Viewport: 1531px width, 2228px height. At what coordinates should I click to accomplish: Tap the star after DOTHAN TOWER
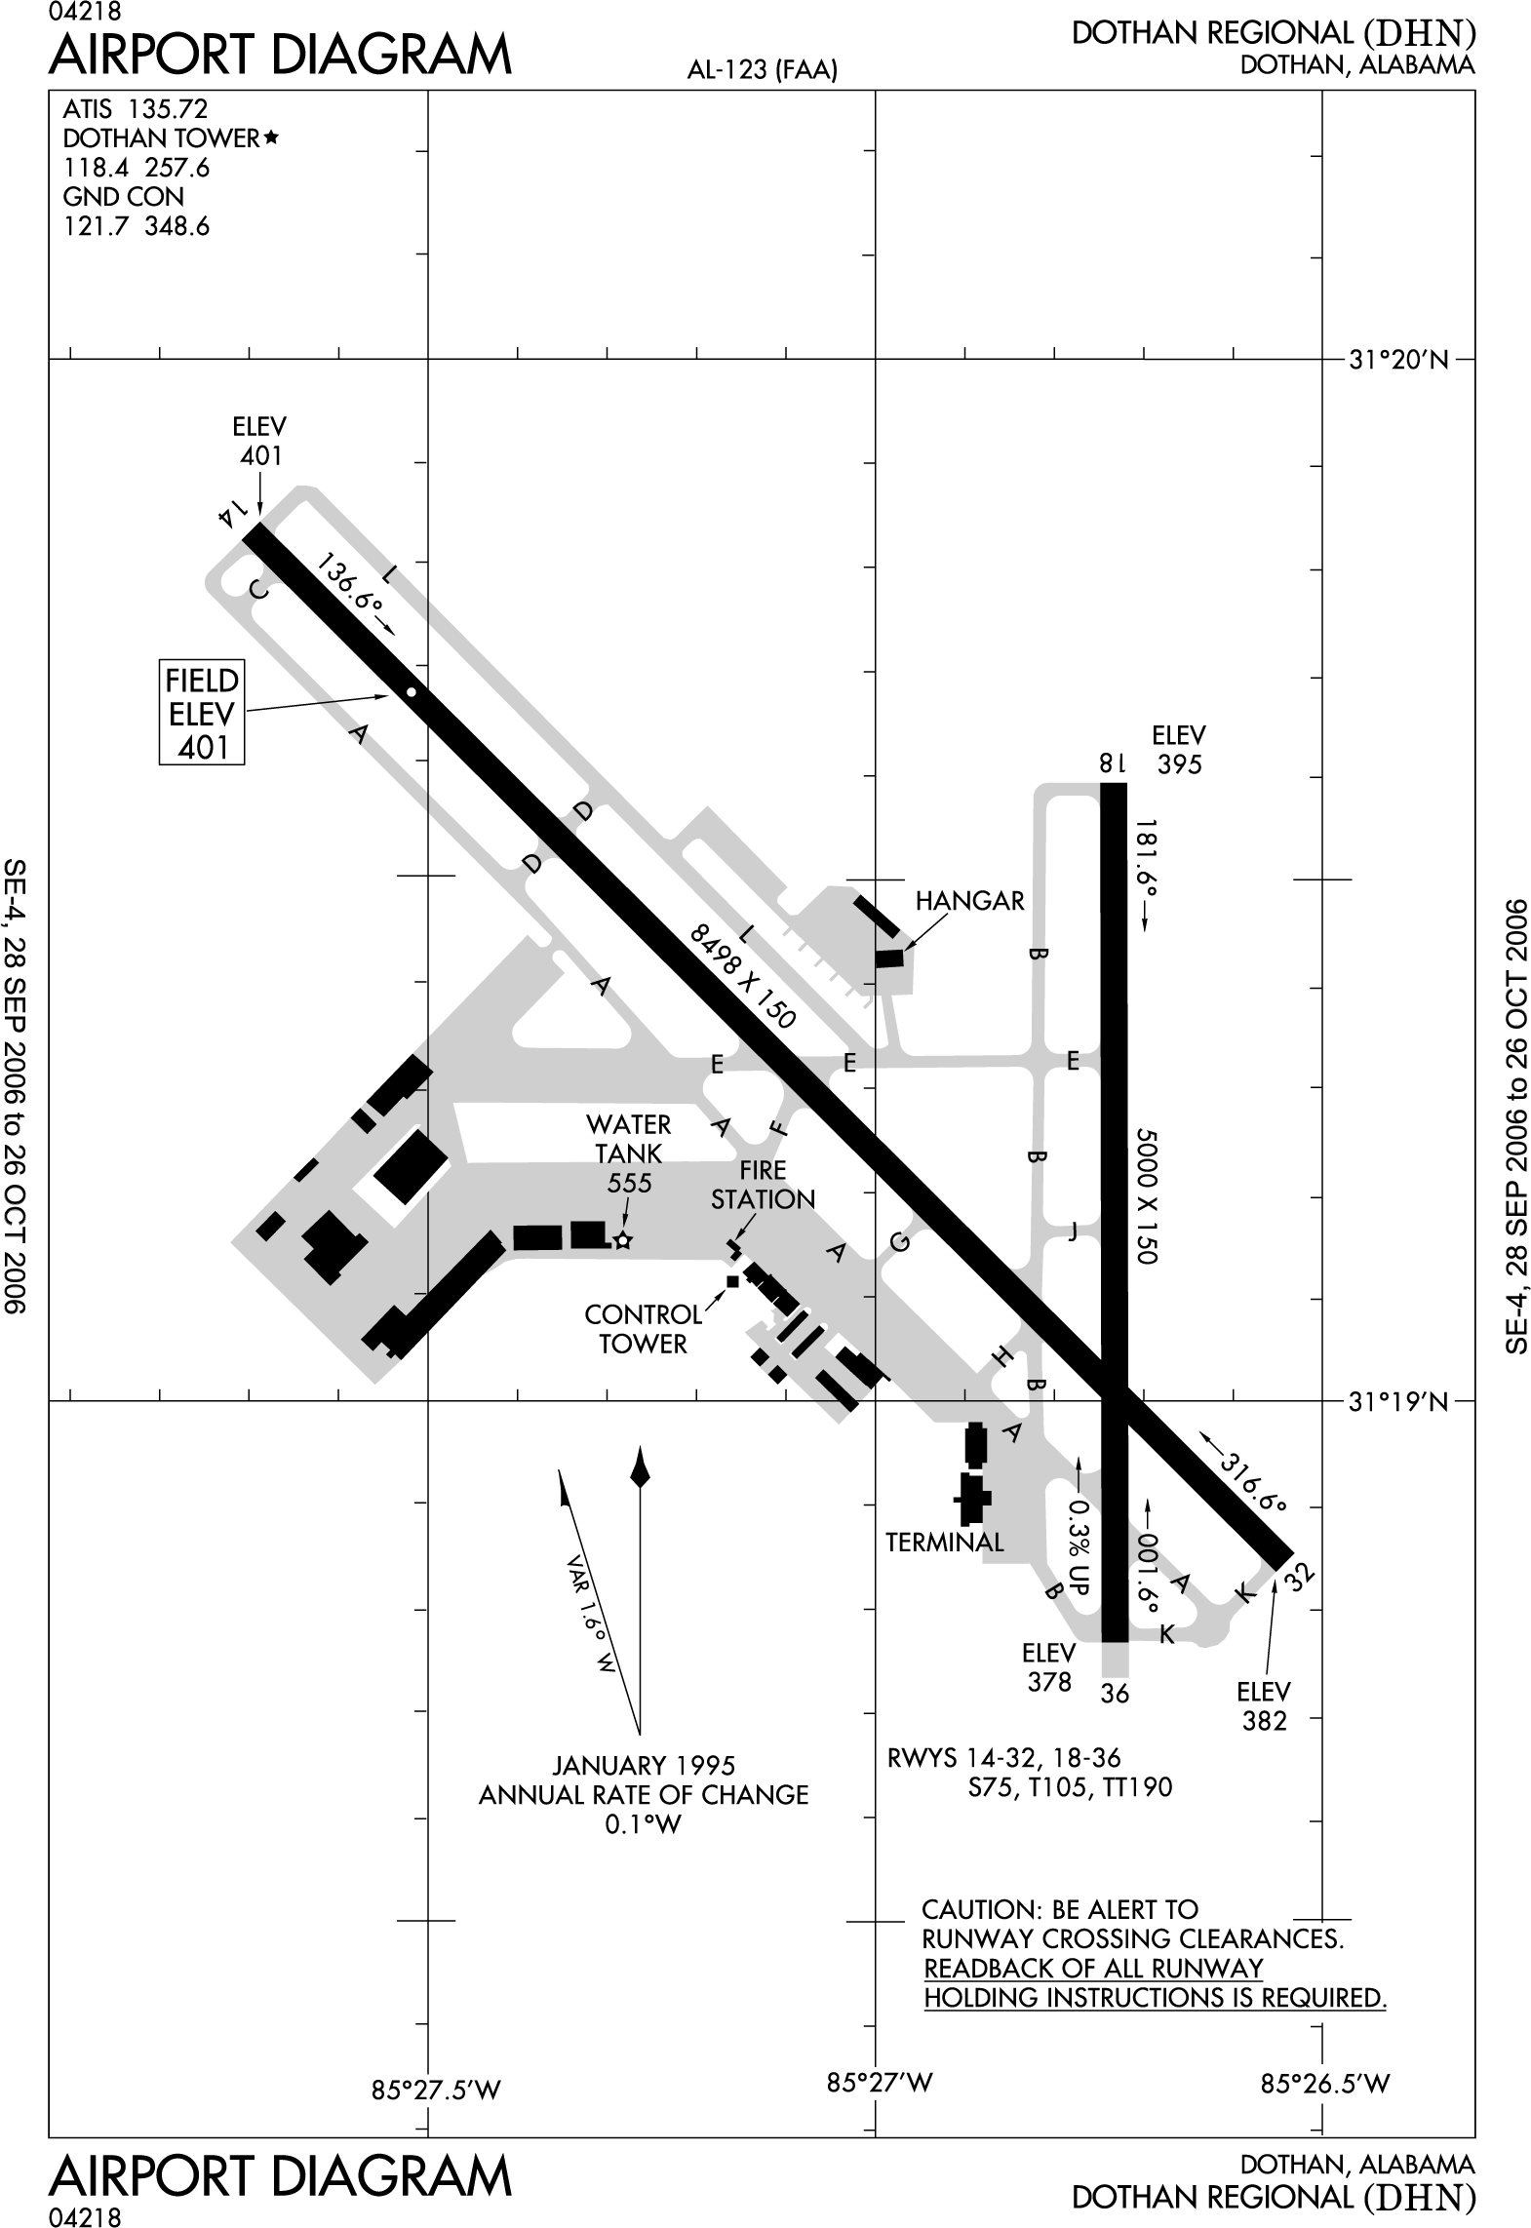[x=271, y=138]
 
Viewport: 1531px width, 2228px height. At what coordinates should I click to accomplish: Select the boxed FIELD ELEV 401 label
[x=202, y=713]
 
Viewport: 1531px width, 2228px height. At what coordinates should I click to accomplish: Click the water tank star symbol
[x=623, y=1240]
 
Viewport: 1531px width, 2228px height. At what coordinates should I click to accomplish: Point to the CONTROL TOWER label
[x=643, y=1329]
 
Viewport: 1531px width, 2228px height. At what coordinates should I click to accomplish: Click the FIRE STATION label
[x=763, y=1185]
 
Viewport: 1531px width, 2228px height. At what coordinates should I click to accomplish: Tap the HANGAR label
[x=969, y=901]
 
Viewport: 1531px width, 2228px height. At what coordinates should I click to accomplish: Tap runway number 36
[x=1114, y=1694]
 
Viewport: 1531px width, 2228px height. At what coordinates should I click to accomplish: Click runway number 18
[x=1113, y=763]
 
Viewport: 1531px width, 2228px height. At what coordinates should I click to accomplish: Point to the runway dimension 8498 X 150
[x=743, y=978]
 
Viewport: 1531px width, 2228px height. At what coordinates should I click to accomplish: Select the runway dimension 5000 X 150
[x=1146, y=1196]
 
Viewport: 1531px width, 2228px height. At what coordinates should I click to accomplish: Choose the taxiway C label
[x=258, y=590]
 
